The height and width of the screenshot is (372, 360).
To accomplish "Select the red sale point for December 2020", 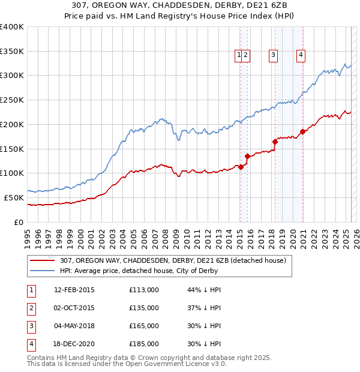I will [x=303, y=131].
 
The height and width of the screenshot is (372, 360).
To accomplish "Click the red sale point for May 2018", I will [x=275, y=142].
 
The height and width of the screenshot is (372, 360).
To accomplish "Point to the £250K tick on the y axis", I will [x=12, y=100].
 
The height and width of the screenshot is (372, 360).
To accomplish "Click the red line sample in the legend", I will [x=43, y=261].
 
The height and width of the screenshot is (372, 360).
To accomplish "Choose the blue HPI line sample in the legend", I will [x=43, y=271].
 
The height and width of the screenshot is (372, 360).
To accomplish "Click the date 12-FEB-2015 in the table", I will [x=74, y=290].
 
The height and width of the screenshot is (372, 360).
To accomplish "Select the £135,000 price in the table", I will [x=144, y=308].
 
